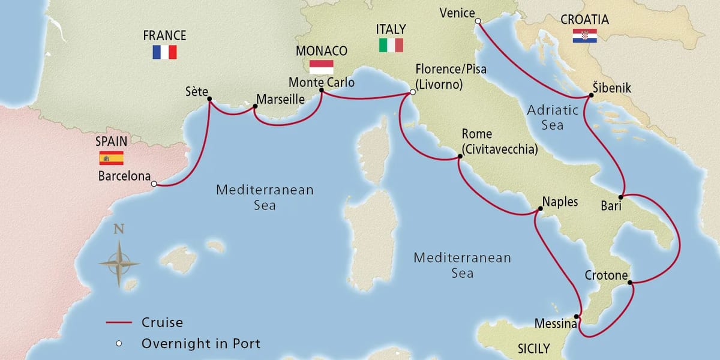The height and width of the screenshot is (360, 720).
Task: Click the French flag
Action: click(164, 52)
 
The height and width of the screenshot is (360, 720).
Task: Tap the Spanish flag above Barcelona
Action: click(111, 158)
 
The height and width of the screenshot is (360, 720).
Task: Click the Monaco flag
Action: click(321, 66)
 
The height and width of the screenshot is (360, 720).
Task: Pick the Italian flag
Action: click(391, 45)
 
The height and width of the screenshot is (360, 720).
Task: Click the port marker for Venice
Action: click(478, 21)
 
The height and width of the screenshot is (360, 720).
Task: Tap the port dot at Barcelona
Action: click(154, 184)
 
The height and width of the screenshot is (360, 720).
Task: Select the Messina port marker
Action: click(577, 317)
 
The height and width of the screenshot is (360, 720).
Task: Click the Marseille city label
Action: click(280, 98)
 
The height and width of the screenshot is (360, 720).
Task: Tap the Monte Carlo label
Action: click(321, 82)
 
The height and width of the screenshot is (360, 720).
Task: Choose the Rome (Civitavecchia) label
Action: click(499, 142)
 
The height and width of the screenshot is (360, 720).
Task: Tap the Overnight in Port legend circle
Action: click(119, 344)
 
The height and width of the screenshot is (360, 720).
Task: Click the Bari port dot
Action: click(622, 196)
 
